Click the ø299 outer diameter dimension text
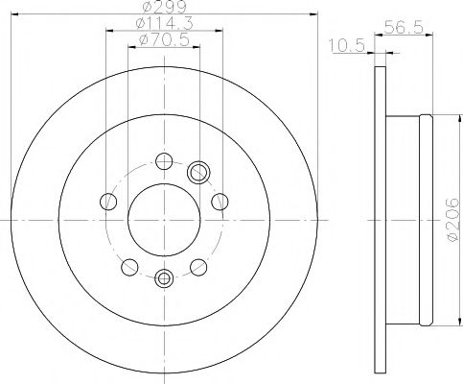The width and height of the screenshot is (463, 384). tap(161, 8)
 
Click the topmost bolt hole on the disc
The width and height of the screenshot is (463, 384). tap(163, 160)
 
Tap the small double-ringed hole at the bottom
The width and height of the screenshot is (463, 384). tap(163, 278)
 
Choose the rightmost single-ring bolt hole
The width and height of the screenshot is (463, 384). tap(220, 200)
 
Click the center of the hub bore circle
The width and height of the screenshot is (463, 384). tap(163, 219)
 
